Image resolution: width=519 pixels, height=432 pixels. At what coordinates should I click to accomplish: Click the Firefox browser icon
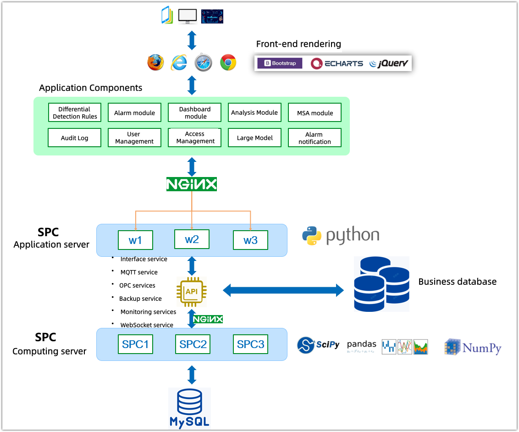click(155, 62)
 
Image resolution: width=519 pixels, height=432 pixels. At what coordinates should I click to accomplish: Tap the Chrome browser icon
click(228, 62)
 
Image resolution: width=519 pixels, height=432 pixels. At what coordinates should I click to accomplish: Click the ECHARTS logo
click(337, 64)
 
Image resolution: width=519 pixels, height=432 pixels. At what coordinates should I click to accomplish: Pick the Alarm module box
click(134, 113)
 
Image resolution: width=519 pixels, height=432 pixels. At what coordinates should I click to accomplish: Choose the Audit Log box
click(74, 138)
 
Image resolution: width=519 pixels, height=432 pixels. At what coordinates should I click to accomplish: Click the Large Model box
click(254, 138)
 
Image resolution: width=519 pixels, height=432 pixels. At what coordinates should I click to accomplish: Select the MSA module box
click(315, 113)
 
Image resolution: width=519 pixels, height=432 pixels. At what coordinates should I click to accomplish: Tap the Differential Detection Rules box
click(75, 113)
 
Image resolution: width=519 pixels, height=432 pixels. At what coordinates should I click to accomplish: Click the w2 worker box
click(192, 239)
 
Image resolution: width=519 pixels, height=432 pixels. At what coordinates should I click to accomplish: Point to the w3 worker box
click(250, 240)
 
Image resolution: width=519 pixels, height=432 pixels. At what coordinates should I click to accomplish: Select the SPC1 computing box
click(135, 344)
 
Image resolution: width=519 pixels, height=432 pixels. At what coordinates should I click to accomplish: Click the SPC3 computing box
click(250, 344)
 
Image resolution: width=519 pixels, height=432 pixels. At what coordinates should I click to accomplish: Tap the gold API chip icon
click(192, 292)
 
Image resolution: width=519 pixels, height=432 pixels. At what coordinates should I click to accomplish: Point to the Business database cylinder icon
click(381, 284)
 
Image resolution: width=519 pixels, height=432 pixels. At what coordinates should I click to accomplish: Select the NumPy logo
click(473, 347)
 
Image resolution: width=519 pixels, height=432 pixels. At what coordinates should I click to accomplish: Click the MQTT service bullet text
click(139, 272)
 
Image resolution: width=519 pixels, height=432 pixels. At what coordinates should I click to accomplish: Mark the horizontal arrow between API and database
click(283, 290)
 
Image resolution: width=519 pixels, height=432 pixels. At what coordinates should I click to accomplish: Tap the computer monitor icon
click(187, 16)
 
